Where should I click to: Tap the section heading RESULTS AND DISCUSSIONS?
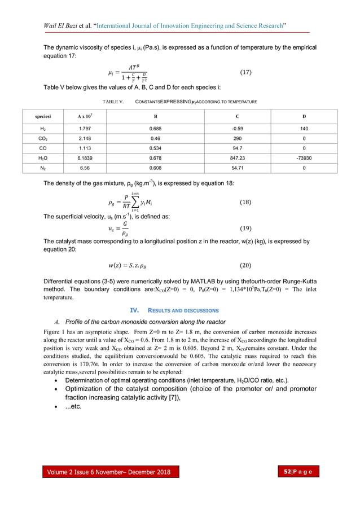tap(187, 310)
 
